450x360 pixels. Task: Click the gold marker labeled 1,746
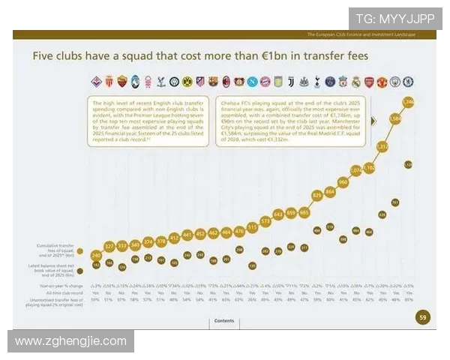[408, 101]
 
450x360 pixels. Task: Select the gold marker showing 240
[96, 255]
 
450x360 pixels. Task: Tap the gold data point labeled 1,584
[395, 118]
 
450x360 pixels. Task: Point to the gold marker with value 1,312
[382, 147]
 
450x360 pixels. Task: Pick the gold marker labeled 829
[317, 194]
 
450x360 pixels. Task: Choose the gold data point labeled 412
[174, 238]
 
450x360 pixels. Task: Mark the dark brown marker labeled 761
[395, 202]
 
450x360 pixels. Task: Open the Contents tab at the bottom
[224, 320]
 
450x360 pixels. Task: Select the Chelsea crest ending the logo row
[408, 81]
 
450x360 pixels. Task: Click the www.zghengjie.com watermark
[71, 340]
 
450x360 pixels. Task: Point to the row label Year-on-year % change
[57, 286]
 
